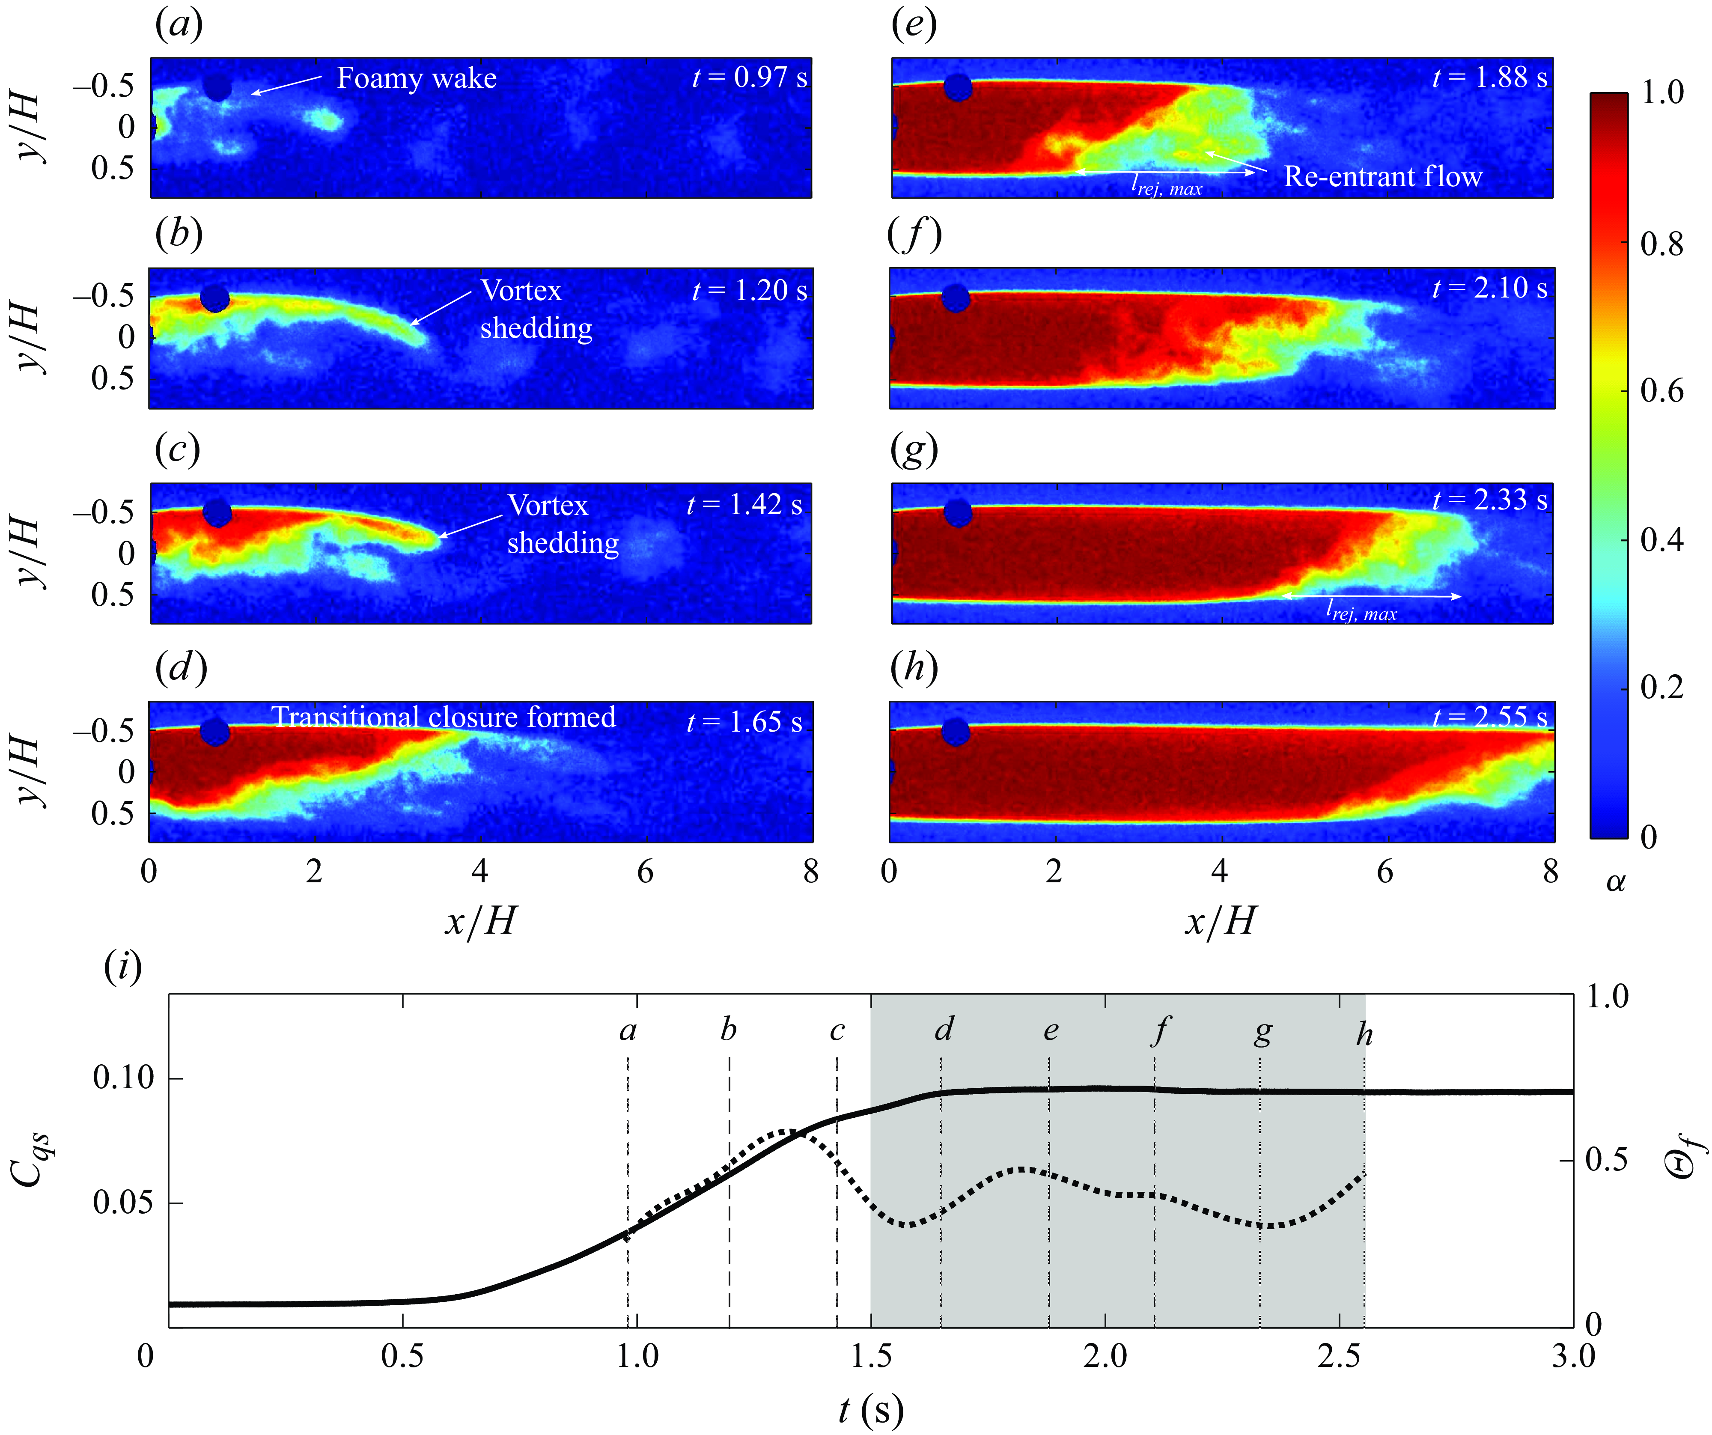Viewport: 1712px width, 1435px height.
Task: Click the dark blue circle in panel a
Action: pos(217,86)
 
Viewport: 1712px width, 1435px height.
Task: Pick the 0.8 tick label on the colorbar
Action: pos(1661,243)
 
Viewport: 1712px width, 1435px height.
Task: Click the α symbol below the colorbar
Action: pos(1615,881)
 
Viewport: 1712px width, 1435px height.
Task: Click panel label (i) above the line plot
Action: pos(123,967)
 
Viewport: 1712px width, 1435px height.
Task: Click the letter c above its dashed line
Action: pos(837,1030)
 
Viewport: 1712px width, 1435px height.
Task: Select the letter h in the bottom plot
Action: pos(1364,1034)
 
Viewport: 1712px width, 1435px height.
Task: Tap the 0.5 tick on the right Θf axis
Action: pos(1606,1159)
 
